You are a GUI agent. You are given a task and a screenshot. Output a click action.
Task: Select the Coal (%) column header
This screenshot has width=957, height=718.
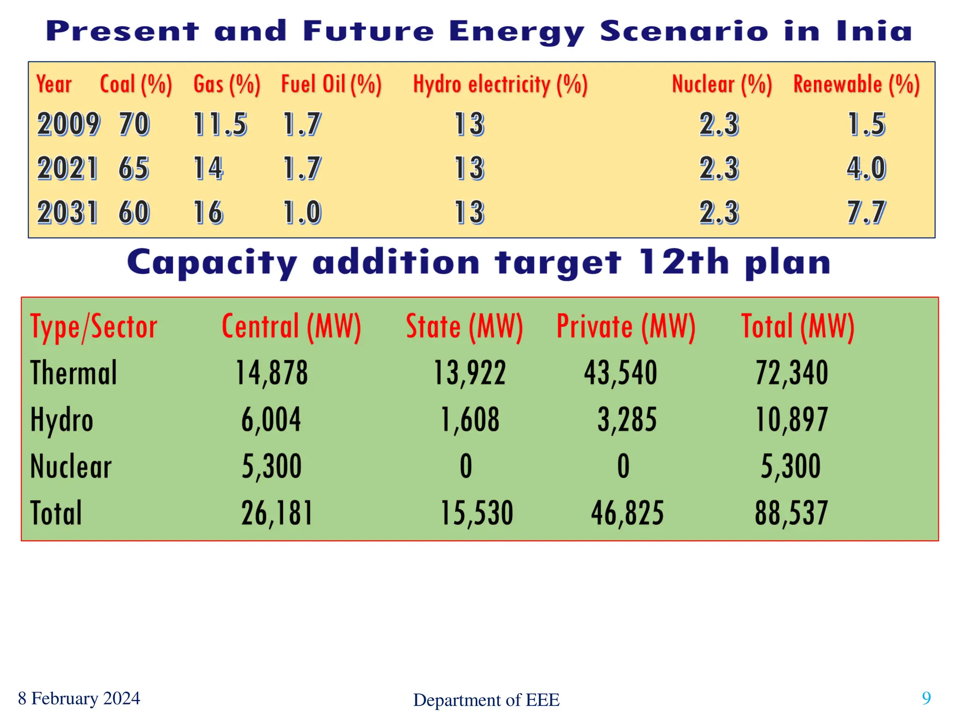click(136, 85)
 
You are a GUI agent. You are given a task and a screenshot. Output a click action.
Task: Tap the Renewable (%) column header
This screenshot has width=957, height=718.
click(856, 85)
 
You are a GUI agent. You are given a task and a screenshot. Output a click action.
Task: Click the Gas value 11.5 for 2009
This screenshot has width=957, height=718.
click(220, 124)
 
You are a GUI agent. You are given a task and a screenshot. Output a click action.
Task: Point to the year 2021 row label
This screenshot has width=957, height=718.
click(67, 168)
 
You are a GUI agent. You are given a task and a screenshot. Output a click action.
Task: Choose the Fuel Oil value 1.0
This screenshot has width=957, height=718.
click(302, 212)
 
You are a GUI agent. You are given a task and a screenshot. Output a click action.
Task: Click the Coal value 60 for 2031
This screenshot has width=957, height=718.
click(134, 212)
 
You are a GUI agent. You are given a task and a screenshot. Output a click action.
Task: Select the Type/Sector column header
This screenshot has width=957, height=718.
click(93, 327)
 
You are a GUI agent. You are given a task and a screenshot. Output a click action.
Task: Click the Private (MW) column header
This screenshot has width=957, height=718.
click(626, 327)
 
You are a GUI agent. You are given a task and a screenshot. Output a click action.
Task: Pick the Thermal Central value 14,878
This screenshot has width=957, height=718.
click(271, 373)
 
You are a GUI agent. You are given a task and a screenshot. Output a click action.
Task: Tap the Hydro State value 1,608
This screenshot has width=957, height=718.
click(470, 419)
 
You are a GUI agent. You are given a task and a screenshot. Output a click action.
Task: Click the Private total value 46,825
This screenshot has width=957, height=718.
click(627, 513)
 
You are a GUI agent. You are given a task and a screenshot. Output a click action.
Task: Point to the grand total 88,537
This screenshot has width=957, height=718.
click(791, 513)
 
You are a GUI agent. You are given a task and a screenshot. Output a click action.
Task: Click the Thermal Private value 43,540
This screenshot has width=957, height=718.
click(621, 373)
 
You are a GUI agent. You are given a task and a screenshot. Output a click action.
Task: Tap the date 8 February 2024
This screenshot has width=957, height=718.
click(79, 698)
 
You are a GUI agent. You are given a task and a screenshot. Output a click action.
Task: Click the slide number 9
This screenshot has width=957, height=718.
click(926, 698)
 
